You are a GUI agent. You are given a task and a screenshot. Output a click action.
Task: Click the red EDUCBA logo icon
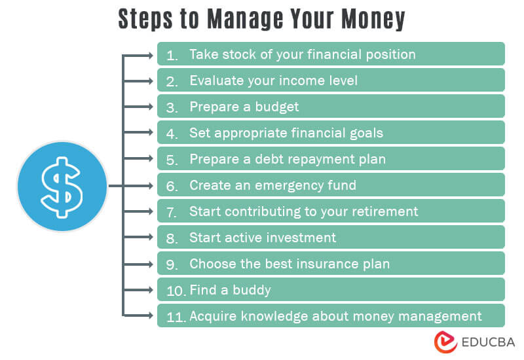tap(445, 342)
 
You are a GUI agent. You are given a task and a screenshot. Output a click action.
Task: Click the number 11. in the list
tap(175, 317)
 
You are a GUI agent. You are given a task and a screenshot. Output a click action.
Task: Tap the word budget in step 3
tap(277, 107)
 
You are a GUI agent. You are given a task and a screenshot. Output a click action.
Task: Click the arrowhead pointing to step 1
tap(152, 54)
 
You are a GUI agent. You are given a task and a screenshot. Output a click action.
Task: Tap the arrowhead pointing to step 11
tap(152, 316)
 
